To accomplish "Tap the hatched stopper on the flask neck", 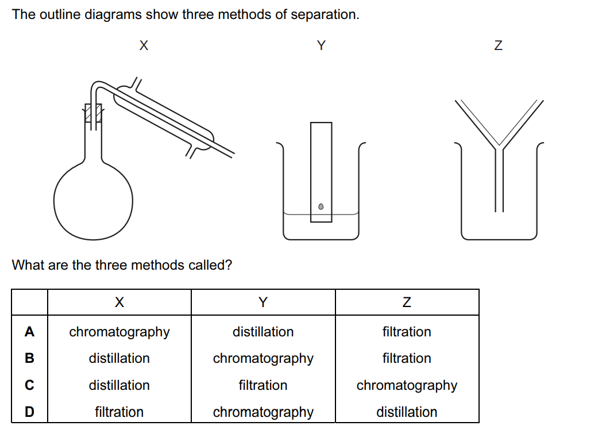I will point(94,113).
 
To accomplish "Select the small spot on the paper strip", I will point(321,206).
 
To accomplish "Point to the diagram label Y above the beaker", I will point(321,46).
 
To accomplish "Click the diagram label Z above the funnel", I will point(498,46).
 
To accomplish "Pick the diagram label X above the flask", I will point(144,46).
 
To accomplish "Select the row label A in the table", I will point(29,332).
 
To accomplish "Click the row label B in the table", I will point(29,358).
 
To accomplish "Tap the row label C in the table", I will point(29,385).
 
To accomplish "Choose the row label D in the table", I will point(29,412).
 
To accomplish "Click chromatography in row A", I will point(119,332).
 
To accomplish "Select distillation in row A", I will point(263,332).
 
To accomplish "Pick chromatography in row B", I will point(263,358).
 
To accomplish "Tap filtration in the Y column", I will point(263,385).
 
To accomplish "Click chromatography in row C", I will point(407,385).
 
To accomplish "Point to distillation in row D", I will point(407,412).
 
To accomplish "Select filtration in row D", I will point(119,412).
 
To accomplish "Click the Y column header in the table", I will point(263,302).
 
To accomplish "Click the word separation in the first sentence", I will point(323,14).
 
